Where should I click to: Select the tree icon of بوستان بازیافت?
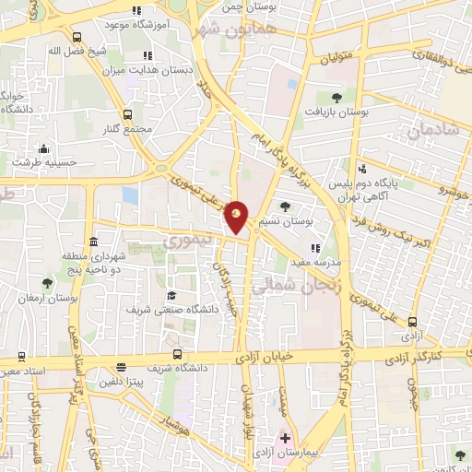point(336,97)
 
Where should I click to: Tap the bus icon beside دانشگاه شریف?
point(177,354)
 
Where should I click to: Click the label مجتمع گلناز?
point(126,130)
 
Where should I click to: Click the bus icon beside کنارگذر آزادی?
point(412,323)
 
